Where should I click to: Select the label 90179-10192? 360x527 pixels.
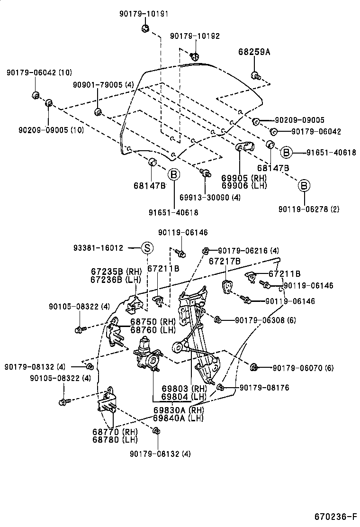195,36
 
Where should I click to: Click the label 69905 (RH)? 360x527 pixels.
243,178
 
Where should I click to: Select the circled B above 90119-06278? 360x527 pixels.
304,185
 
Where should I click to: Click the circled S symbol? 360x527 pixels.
147,247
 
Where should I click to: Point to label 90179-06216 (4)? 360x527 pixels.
248,250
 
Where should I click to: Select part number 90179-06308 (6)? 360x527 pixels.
265,320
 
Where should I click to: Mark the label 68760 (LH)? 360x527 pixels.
153,329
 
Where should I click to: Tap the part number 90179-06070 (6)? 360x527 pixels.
303,368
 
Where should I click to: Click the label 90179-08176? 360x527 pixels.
264,388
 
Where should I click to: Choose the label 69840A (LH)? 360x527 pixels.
178,418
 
